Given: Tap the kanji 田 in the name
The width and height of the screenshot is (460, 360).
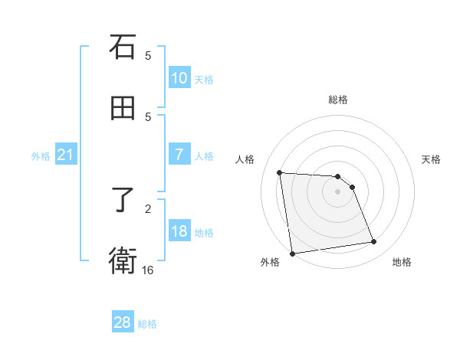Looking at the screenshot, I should [123, 109].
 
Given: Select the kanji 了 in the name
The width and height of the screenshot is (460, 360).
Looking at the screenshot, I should [123, 201].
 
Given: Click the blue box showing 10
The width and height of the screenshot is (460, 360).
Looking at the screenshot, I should [179, 78].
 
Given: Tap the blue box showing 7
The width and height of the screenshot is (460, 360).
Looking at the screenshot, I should [179, 154].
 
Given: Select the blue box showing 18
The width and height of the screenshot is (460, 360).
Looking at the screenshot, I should [179, 231].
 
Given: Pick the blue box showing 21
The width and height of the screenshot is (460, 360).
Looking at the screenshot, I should [65, 155].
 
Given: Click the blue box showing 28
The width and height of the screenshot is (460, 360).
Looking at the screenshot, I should [123, 322].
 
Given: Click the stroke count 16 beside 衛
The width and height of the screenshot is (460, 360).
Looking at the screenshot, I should [147, 270].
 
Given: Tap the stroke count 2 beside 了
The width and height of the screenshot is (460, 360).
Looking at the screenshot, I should [148, 208].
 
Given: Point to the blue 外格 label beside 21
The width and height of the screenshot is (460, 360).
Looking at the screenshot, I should [41, 156].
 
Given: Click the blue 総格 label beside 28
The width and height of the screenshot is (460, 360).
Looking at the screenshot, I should [147, 324].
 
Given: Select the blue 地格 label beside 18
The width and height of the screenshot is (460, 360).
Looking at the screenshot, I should [204, 232].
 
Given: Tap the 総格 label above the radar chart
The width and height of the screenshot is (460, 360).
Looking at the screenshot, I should [338, 100].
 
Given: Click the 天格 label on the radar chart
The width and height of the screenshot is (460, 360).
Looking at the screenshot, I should [432, 159].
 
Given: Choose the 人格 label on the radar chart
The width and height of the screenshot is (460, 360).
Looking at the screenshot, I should [245, 159].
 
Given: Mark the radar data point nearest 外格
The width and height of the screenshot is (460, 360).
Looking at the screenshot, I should [292, 253].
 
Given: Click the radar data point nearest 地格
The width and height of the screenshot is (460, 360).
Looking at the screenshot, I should [373, 242].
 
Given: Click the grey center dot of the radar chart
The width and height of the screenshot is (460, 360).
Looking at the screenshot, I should [337, 191].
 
